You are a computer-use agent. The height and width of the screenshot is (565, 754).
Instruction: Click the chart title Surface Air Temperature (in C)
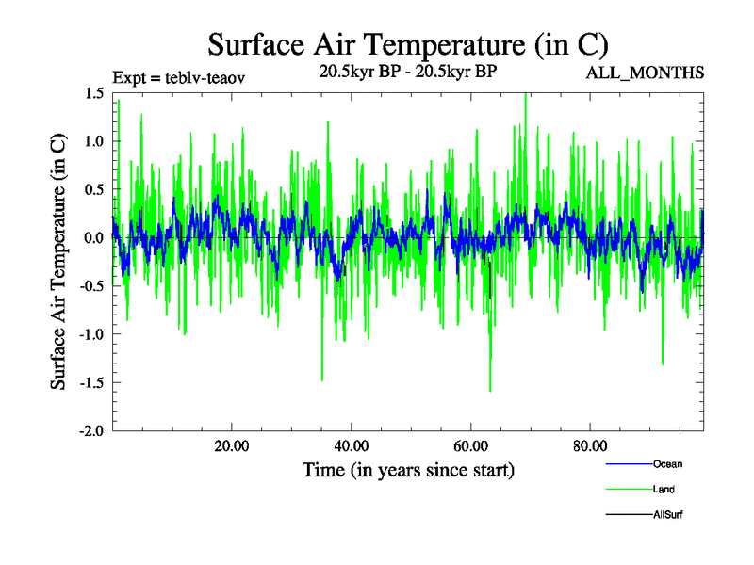click(407, 43)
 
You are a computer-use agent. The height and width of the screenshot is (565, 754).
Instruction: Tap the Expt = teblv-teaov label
click(179, 78)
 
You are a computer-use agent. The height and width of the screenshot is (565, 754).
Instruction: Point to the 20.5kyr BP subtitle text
click(409, 72)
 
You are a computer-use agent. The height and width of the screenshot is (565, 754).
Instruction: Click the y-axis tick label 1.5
click(94, 93)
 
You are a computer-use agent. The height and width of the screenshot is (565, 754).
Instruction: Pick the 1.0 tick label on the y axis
click(94, 141)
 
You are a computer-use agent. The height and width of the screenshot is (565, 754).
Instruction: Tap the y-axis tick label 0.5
click(94, 189)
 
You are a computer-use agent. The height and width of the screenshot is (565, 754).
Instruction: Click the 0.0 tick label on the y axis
click(94, 237)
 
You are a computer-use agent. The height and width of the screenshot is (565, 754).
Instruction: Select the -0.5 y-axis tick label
click(91, 286)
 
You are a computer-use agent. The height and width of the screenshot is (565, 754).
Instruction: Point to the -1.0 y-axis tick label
click(91, 334)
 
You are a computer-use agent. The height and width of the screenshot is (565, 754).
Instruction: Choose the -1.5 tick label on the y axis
click(91, 382)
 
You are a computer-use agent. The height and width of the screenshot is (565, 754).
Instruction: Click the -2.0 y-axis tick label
click(91, 430)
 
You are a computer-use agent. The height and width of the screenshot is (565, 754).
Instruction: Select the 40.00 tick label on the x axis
click(351, 445)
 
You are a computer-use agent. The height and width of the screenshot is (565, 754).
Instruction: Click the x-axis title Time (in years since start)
click(408, 469)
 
